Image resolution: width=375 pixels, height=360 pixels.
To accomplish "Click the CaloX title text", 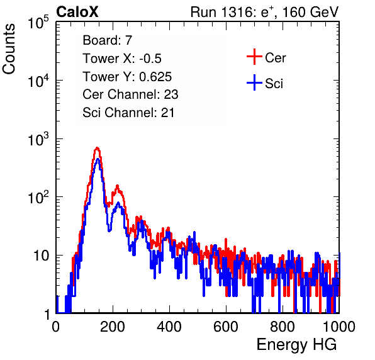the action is (77, 12).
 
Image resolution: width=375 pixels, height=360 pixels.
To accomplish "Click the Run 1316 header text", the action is (264, 12).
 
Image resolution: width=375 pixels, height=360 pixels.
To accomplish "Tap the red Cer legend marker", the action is (254, 57).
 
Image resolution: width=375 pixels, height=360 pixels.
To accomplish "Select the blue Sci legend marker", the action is (254, 82).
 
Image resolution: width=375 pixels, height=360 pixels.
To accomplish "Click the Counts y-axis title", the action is (9, 49).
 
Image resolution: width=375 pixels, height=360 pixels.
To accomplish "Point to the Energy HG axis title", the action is (296, 345).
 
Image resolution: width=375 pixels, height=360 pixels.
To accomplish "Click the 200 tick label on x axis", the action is (113, 327).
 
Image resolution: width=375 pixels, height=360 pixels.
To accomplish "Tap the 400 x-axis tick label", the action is (169, 327).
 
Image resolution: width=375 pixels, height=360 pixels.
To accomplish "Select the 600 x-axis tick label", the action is (226, 327).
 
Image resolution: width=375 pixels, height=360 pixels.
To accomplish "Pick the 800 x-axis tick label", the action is (283, 327).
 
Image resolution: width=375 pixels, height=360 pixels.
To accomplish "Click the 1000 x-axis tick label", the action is (339, 327).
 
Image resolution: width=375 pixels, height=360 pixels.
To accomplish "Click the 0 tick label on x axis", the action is (56, 327).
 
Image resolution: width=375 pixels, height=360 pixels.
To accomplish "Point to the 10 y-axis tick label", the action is (42, 256).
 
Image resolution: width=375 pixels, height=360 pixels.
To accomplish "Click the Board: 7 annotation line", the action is (108, 40).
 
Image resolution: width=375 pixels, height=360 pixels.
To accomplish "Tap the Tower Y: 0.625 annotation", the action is (127, 77).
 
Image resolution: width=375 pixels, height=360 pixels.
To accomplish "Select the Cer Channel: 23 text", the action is (130, 94).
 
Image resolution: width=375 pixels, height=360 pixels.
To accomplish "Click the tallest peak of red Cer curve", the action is (97, 148).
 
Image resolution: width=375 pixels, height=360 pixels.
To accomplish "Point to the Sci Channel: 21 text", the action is (128, 113).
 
